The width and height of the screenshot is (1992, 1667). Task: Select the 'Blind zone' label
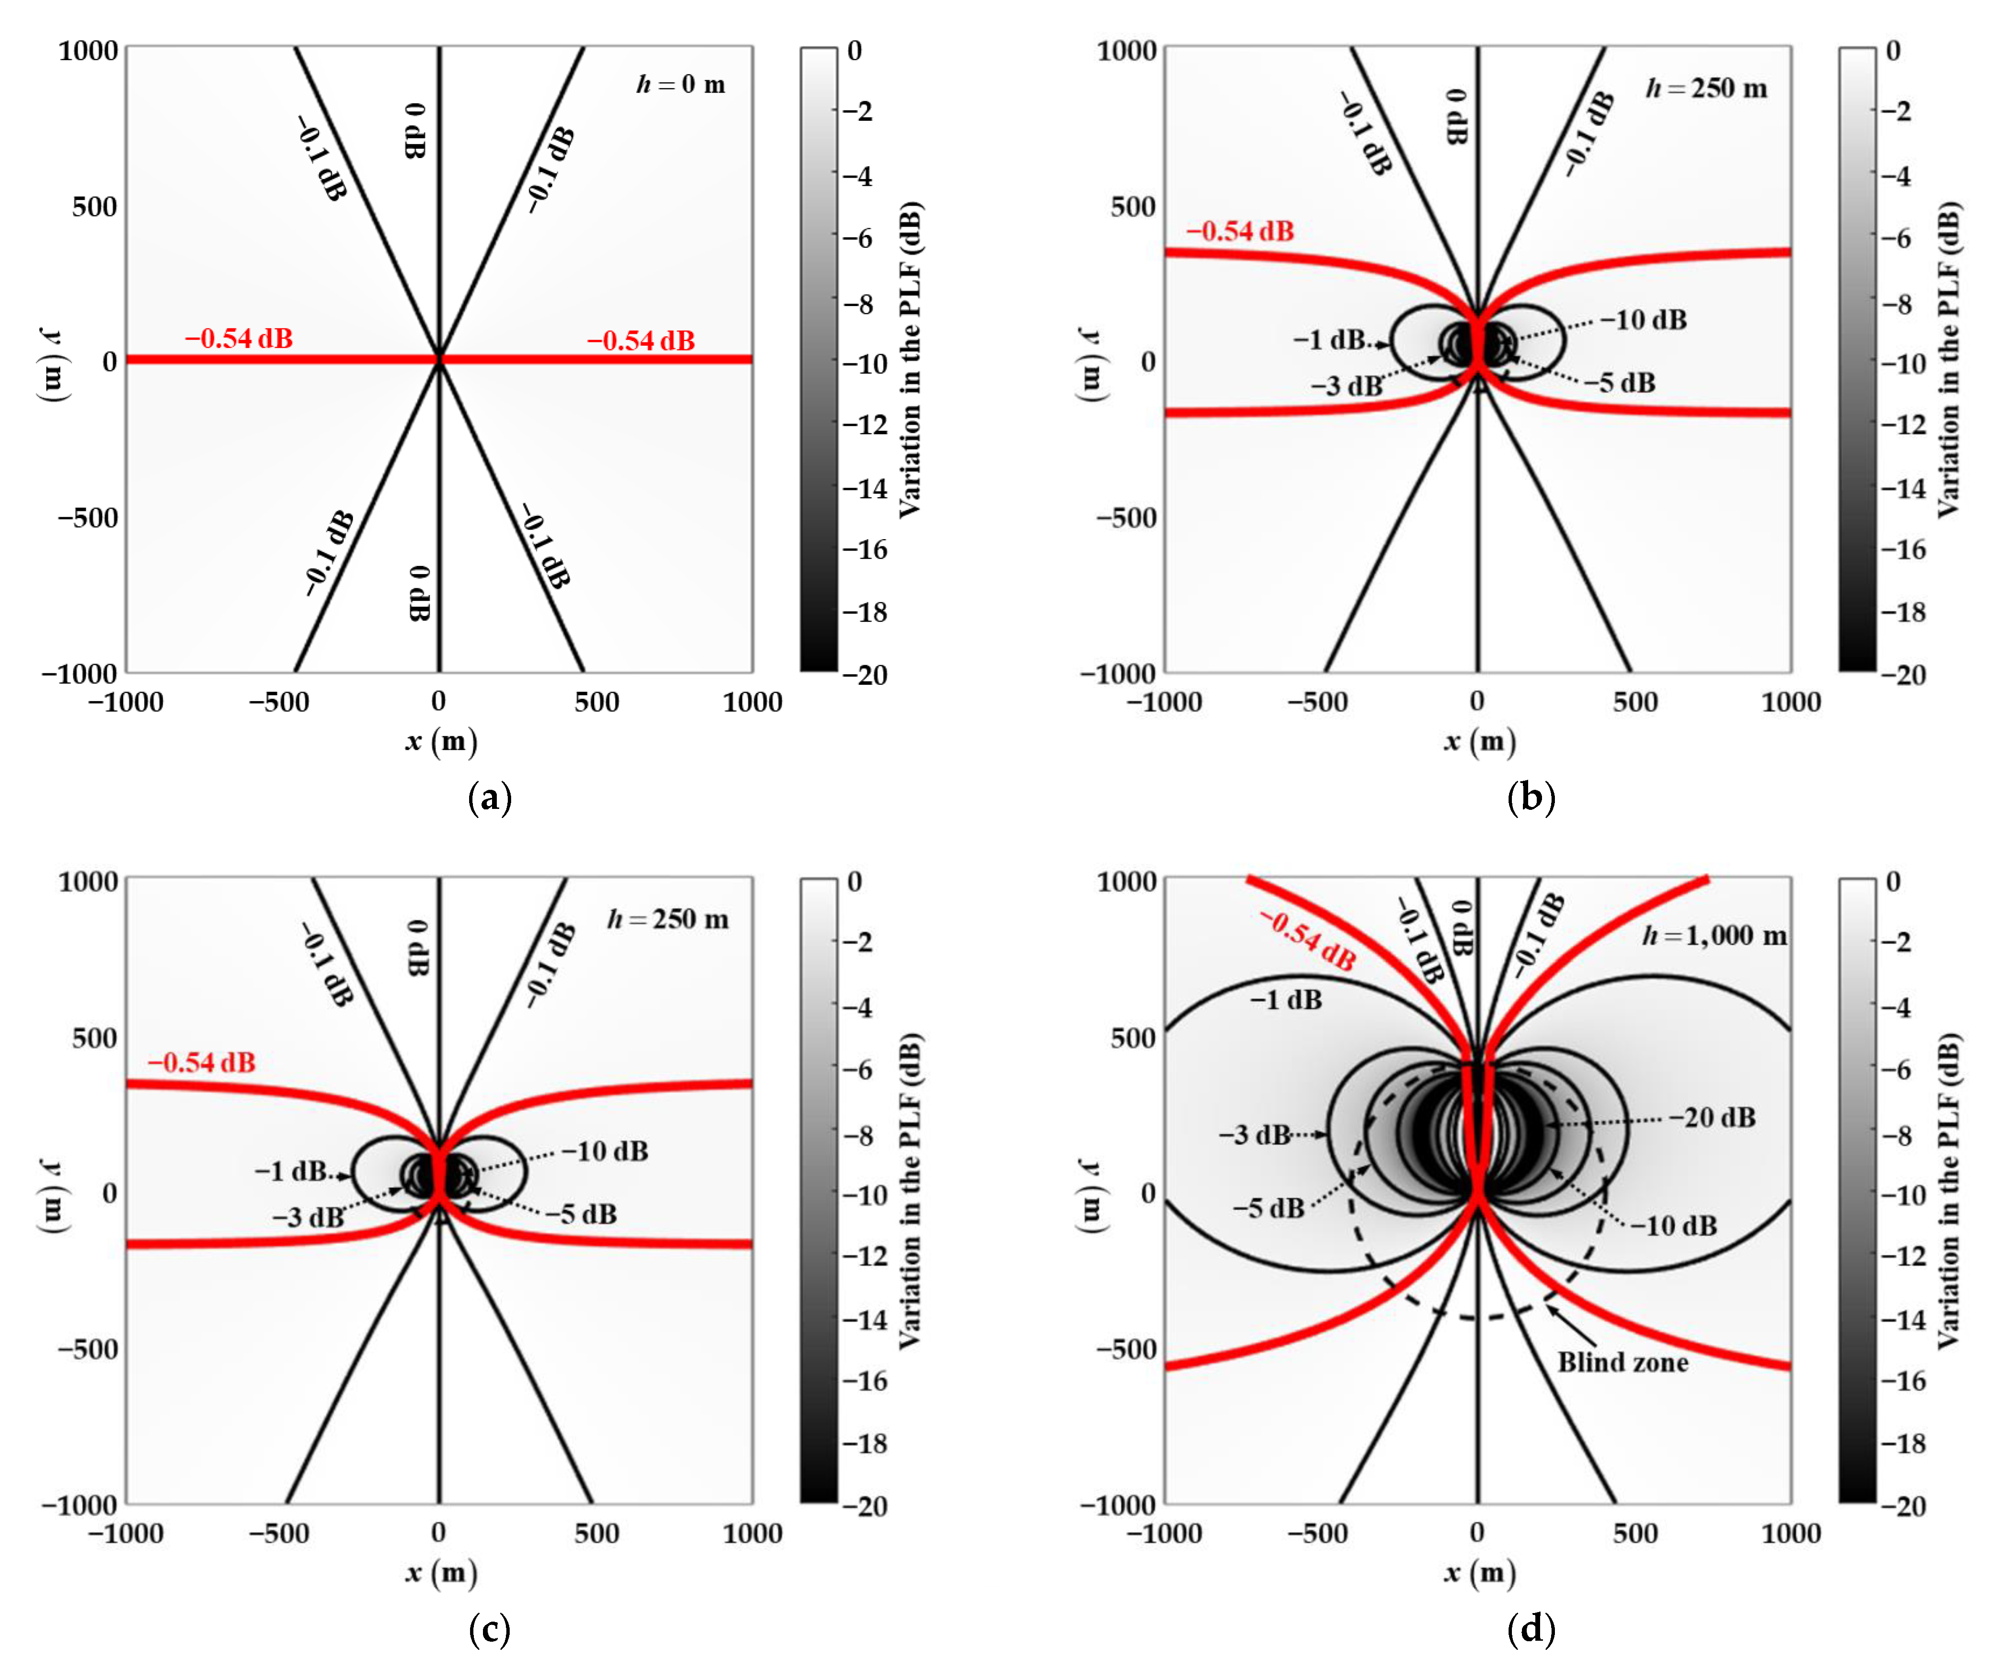(1623, 1363)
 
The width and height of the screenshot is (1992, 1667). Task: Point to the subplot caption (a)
(490, 797)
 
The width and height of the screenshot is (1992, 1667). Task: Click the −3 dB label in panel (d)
(1254, 1135)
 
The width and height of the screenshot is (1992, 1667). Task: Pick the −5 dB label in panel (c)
(580, 1215)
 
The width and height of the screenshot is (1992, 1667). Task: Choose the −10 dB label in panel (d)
(1674, 1226)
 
